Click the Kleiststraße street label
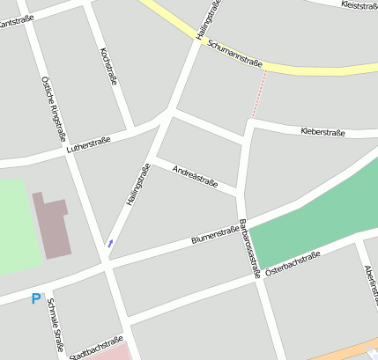(358, 5)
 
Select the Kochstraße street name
(110, 66)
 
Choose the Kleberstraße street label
(322, 132)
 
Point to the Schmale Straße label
(56, 326)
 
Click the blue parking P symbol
(35, 299)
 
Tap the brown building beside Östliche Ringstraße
(54, 225)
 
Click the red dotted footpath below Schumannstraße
(258, 95)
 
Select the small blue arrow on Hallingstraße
(110, 242)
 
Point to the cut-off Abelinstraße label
(370, 282)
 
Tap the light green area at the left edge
(18, 225)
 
